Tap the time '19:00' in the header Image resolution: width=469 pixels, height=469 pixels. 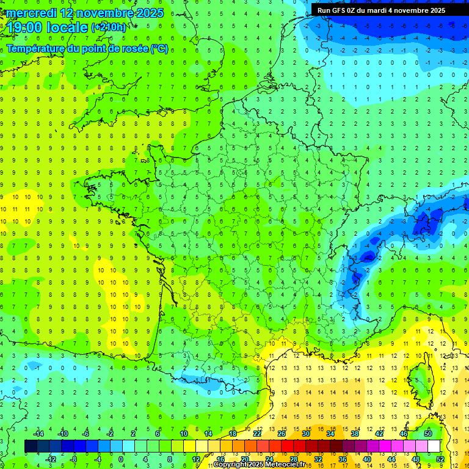(x=25, y=27)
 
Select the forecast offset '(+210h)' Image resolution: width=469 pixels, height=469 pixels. (x=109, y=27)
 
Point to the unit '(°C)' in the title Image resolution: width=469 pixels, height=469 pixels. (x=159, y=48)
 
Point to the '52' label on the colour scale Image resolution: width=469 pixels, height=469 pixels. (x=440, y=459)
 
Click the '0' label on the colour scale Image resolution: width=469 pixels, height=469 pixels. (x=121, y=459)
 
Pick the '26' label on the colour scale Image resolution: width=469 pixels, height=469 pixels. (x=282, y=434)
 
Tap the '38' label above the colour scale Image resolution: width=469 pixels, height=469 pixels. (x=354, y=434)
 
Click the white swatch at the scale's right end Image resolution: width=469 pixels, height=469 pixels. (x=434, y=446)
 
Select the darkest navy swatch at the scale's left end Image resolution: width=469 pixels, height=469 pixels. (x=31, y=446)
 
